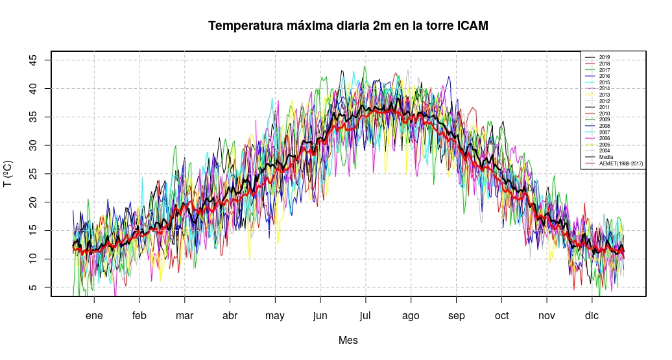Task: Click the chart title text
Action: coord(348,26)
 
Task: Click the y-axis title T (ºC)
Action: coord(8,174)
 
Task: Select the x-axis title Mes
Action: coord(348,340)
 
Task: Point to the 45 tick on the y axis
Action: coord(33,60)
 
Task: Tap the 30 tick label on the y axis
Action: coord(33,145)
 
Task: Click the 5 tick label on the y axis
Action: coord(33,287)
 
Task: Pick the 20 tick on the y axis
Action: coord(33,202)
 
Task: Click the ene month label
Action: coord(94,316)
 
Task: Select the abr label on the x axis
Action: coord(230,316)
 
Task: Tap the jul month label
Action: coord(366,316)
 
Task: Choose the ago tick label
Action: coord(411,316)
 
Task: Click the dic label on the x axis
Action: coord(592,316)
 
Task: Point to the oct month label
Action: coord(501,316)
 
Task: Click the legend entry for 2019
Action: coord(605,58)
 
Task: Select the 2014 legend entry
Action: coord(605,88)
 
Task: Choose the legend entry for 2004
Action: coord(605,150)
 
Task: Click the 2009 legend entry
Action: coord(605,119)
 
